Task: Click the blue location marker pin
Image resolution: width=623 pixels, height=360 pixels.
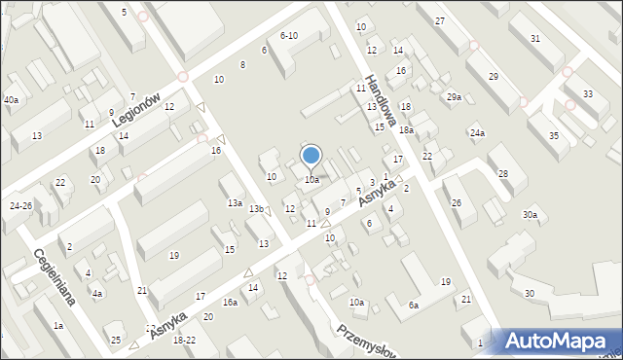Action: (311, 157)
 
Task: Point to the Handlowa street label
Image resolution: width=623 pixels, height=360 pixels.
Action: (379, 100)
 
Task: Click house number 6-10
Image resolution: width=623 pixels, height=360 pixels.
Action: (288, 35)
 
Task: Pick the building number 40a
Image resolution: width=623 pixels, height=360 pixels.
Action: (11, 100)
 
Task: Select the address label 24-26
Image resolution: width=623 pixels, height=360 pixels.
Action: (20, 205)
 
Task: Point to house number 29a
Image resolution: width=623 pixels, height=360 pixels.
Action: (454, 96)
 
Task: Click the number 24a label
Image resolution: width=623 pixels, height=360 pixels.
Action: (477, 132)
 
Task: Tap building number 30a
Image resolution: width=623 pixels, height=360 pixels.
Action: (530, 214)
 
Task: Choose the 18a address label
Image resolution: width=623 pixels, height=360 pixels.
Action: (406, 129)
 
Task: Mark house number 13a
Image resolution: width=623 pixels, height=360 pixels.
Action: (235, 202)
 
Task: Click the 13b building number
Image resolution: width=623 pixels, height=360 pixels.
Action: (256, 209)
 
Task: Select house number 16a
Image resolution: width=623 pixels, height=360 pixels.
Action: (230, 303)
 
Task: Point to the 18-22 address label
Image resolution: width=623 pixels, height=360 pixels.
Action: (184, 340)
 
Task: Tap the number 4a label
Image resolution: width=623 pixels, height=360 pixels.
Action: (97, 293)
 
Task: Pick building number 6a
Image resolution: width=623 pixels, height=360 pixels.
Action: (413, 306)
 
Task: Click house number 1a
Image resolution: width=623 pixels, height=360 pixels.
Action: (58, 326)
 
